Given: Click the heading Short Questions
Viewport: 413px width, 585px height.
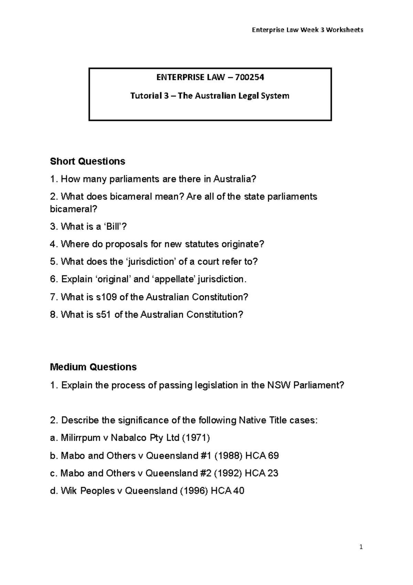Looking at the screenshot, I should point(87,161).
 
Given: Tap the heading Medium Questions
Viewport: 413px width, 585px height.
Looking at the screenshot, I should point(93,367).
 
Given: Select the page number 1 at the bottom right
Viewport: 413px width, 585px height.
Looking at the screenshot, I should point(361,547).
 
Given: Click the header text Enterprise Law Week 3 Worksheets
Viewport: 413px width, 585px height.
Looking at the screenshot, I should point(308,30).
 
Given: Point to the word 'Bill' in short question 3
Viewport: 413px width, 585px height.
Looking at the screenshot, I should point(112,226).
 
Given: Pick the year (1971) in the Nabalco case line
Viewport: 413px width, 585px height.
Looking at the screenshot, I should point(195,438).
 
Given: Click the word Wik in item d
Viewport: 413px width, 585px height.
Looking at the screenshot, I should point(69,491).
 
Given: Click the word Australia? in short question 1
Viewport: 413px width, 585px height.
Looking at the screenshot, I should point(235,179).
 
